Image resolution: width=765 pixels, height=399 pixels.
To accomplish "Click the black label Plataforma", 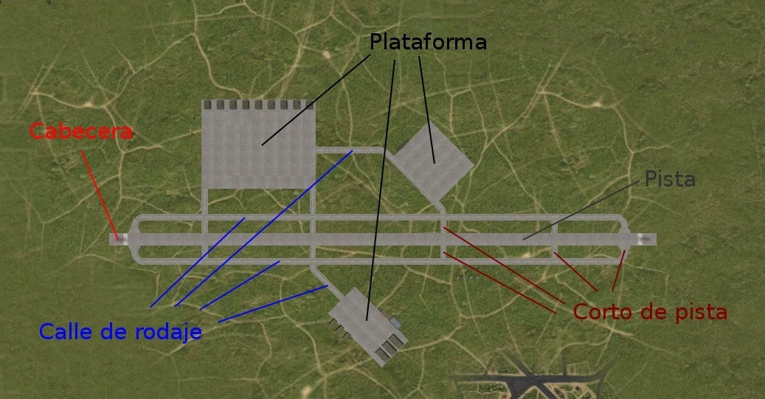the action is click(428, 42).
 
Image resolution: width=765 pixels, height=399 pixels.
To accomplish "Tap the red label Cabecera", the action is click(81, 132).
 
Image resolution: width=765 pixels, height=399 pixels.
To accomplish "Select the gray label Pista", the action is click(670, 179).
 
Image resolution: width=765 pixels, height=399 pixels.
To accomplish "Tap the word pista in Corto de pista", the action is click(701, 312).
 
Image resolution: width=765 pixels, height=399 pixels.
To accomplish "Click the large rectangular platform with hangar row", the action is click(258, 148).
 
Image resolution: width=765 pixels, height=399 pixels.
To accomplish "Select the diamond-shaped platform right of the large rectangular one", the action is click(433, 161).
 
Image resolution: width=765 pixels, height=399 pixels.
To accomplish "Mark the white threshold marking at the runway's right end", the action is click(646, 239).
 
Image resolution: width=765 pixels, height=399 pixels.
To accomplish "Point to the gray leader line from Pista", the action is click(583, 209).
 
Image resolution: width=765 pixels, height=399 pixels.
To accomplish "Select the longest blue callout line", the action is click(263, 229).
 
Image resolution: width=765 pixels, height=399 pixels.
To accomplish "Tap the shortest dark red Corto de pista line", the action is click(617, 270).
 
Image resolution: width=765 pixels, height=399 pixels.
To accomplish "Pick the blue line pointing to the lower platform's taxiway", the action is click(273, 304).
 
